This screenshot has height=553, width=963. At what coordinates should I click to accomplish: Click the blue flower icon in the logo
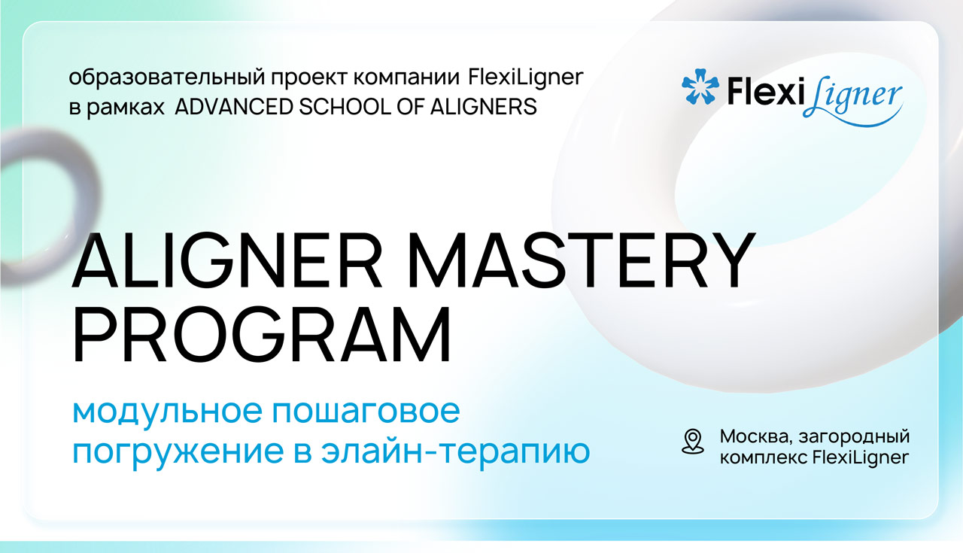pyautogui.click(x=700, y=86)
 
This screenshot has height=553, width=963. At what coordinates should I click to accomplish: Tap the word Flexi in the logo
pyautogui.click(x=765, y=91)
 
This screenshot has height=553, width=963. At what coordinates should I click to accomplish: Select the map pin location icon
pyautogui.click(x=693, y=441)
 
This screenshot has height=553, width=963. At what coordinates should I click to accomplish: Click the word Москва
pyautogui.click(x=756, y=437)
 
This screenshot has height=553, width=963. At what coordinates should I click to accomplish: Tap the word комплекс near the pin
pyautogui.click(x=764, y=458)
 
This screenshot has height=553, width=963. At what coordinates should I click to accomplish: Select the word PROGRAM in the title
pyautogui.click(x=262, y=334)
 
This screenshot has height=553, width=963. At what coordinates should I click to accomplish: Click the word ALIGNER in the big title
pyautogui.click(x=227, y=260)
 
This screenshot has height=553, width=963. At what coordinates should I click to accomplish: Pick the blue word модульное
pyautogui.click(x=167, y=412)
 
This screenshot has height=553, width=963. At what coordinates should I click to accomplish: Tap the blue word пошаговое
pyautogui.click(x=366, y=412)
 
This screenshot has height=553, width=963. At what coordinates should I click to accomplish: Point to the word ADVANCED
pyautogui.click(x=234, y=107)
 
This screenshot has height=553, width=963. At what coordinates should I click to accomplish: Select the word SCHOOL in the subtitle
pyautogui.click(x=345, y=107)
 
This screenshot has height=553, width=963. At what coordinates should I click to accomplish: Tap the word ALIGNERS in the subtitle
pyautogui.click(x=483, y=107)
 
